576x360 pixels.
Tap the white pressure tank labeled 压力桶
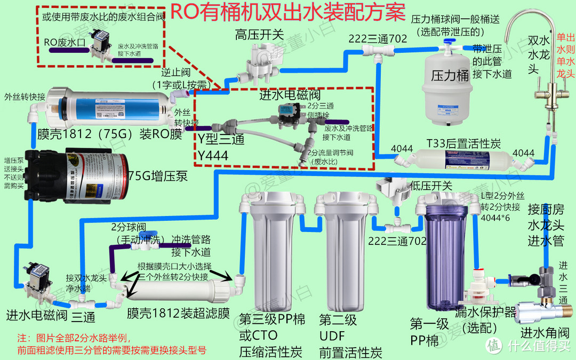pos(446,80)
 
